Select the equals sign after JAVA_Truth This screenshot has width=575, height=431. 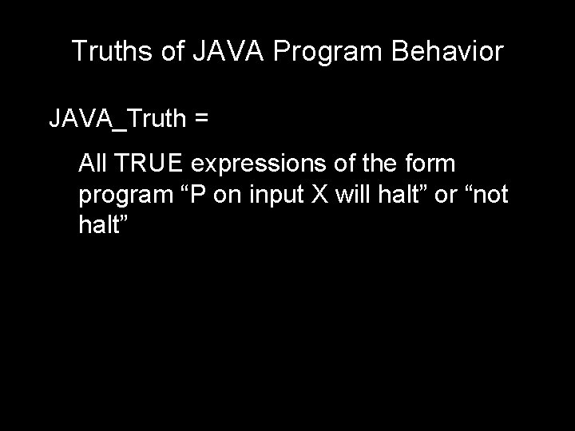[x=201, y=120]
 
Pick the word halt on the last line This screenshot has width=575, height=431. [x=101, y=224]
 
